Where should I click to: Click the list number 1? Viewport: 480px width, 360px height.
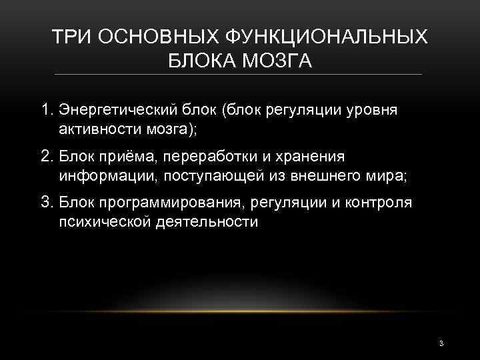click(46, 109)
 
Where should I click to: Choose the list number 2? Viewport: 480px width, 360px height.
click(46, 155)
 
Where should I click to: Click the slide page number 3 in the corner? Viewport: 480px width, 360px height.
click(441, 343)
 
